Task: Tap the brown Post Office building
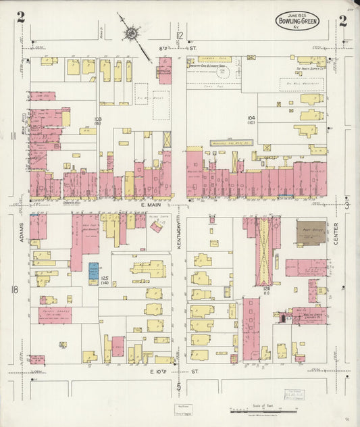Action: click(311, 233)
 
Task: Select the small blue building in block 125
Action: click(94, 270)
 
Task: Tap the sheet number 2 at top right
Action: click(343, 20)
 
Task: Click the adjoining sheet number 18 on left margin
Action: click(14, 290)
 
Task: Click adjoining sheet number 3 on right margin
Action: click(347, 205)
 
